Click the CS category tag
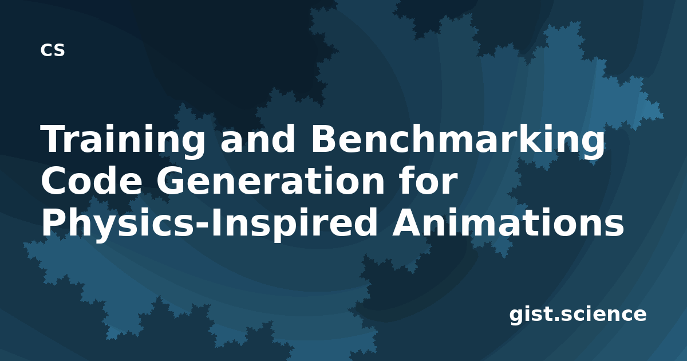53,50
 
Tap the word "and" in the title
258,139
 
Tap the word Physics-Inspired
209,223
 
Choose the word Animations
508,222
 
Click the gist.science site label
578,315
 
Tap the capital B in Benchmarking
323,139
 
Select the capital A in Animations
407,222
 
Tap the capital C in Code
54,180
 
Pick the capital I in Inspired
215,222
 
